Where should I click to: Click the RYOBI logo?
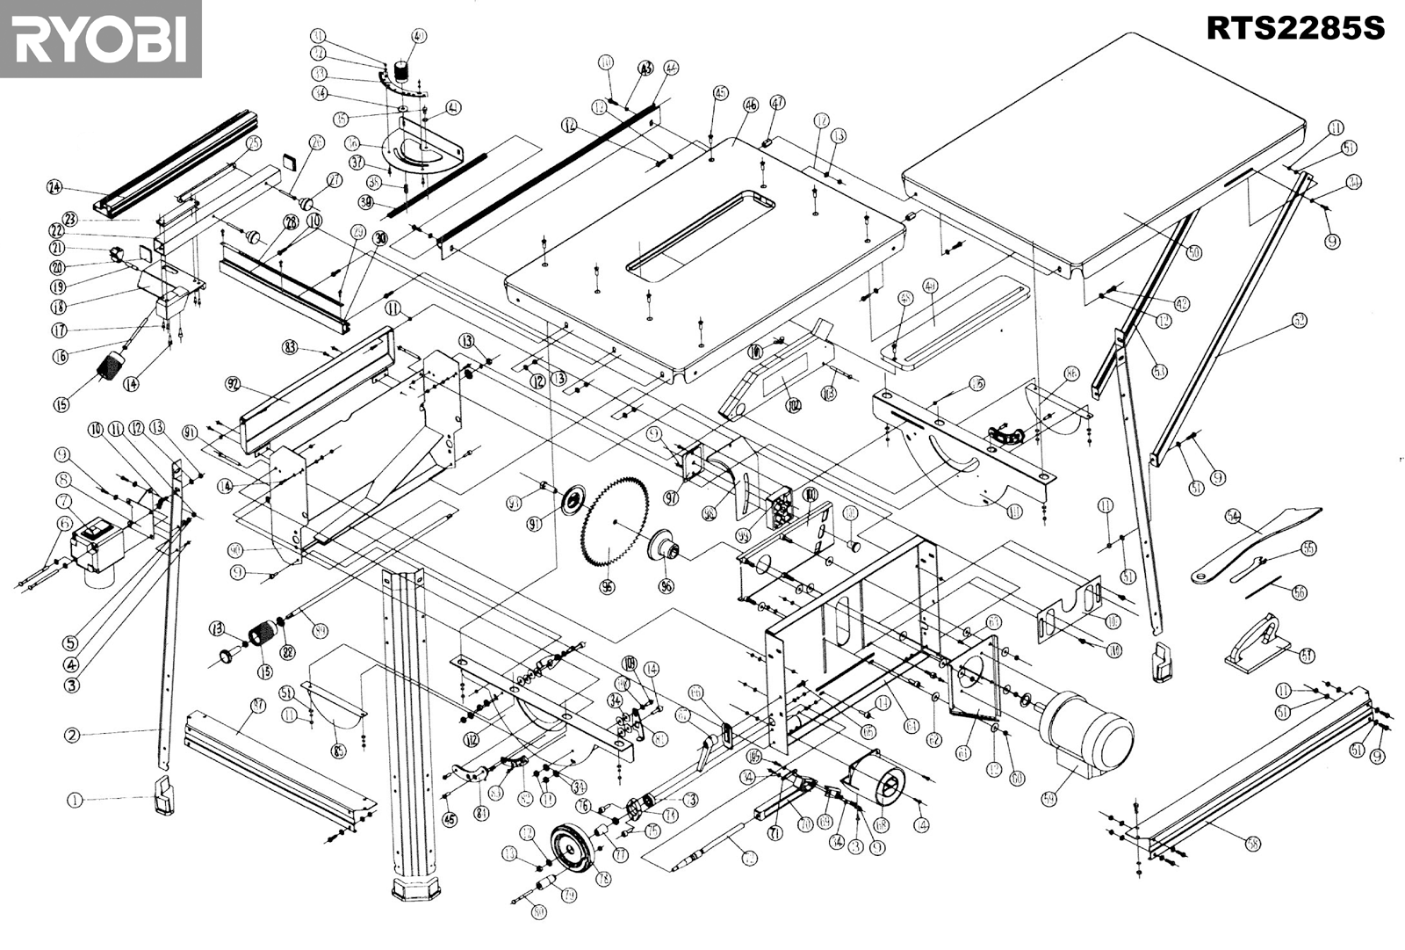pyautogui.click(x=100, y=39)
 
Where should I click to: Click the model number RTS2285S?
pyautogui.click(x=1294, y=27)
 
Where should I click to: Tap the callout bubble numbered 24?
pyautogui.click(x=54, y=186)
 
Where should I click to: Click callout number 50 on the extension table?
pyautogui.click(x=1193, y=252)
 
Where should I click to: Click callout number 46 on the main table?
pyautogui.click(x=750, y=105)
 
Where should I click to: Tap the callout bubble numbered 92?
pyautogui.click(x=233, y=383)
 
